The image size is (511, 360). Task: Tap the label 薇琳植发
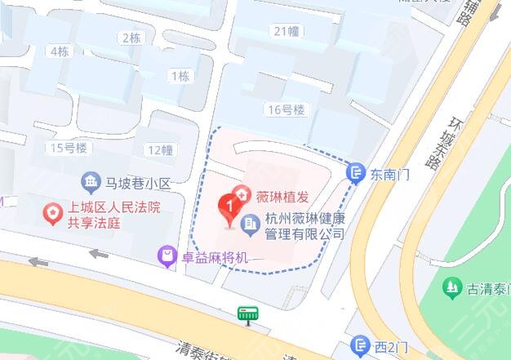click(283, 196)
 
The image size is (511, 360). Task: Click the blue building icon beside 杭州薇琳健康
click(252, 220)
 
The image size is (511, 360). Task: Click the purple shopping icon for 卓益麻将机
click(167, 257)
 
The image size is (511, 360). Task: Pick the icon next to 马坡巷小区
click(91, 181)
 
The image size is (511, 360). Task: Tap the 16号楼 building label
click(284, 109)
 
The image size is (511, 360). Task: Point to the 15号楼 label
click(69, 149)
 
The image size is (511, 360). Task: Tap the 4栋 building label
click(59, 51)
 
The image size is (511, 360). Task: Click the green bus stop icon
click(247, 313)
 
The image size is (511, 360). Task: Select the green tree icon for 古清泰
click(451, 287)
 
